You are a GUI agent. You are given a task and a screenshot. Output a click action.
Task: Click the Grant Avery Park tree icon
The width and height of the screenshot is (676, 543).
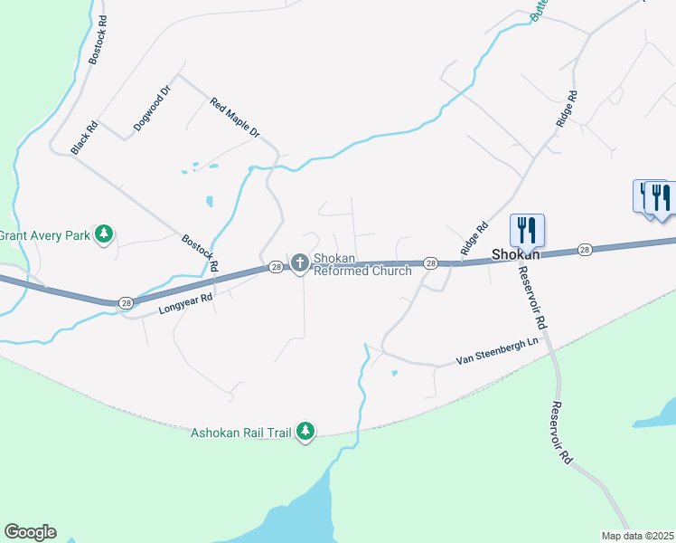tap(105, 235)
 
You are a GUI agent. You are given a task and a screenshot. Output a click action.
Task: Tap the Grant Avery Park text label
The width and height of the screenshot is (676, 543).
tap(45, 236)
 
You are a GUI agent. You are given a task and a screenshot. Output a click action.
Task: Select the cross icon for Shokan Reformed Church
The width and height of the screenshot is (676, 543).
tap(300, 263)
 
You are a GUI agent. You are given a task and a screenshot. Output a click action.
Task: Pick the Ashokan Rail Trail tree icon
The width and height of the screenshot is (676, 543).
tap(306, 432)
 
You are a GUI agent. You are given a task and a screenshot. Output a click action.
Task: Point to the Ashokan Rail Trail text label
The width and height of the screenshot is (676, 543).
tap(240, 433)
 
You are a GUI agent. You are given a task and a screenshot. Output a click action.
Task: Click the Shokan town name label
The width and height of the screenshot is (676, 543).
tap(515, 255)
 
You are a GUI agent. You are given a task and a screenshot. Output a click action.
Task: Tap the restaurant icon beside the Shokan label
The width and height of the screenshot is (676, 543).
tap(527, 231)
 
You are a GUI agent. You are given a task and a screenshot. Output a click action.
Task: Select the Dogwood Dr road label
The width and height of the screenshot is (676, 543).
tap(152, 110)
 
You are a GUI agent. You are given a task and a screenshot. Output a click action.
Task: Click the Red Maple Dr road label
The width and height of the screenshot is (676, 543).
tap(235, 119)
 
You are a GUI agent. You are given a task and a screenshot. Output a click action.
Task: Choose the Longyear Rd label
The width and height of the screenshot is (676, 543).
tap(185, 303)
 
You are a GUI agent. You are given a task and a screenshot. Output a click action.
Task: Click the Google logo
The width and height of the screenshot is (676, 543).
tap(30, 532)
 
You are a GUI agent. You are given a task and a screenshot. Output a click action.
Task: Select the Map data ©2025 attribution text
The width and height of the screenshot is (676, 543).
tap(637, 536)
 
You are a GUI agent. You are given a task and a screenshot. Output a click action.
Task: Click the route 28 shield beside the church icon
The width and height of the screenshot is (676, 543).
tap(275, 267)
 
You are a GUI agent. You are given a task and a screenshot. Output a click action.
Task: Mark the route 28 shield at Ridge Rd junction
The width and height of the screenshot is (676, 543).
tap(431, 262)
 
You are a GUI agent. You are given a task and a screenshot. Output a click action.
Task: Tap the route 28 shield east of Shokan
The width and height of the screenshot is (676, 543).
tap(585, 249)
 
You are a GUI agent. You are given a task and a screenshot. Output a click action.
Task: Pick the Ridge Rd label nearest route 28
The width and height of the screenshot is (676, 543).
tap(474, 236)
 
